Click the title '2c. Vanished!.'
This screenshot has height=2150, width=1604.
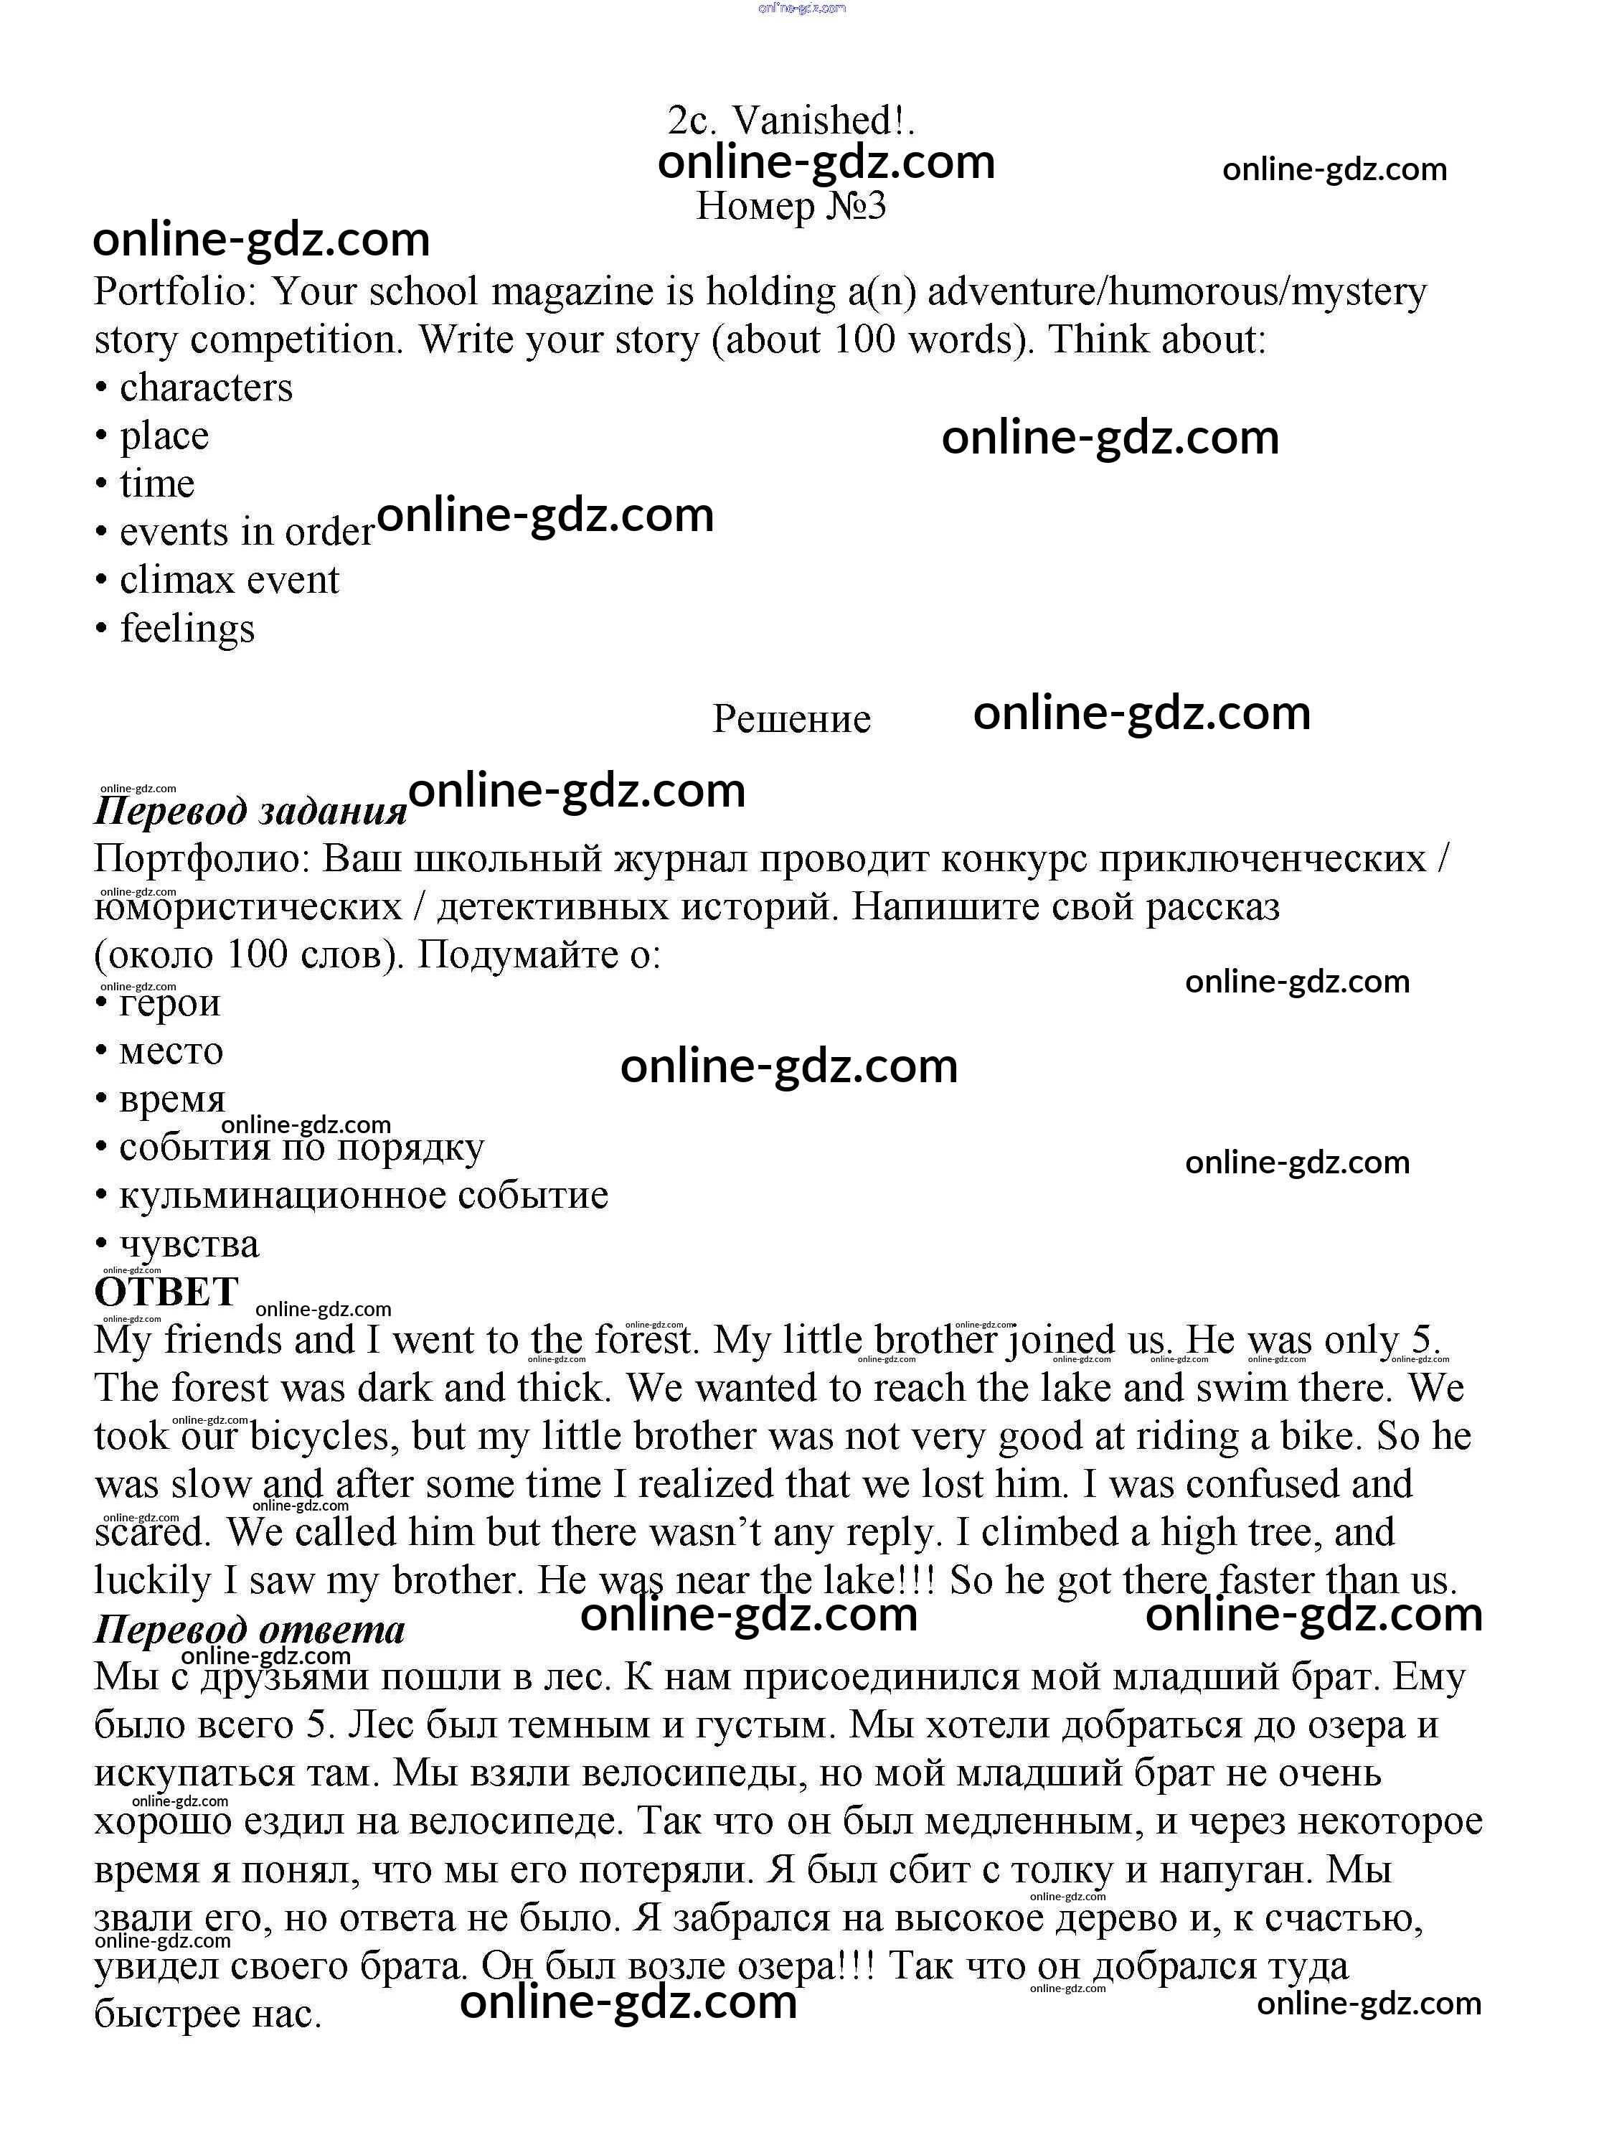[791, 121]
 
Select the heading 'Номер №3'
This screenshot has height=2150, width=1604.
[791, 206]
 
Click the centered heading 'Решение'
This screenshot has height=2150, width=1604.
[791, 718]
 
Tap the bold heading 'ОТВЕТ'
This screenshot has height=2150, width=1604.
[166, 1292]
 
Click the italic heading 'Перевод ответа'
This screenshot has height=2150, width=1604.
[250, 1628]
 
